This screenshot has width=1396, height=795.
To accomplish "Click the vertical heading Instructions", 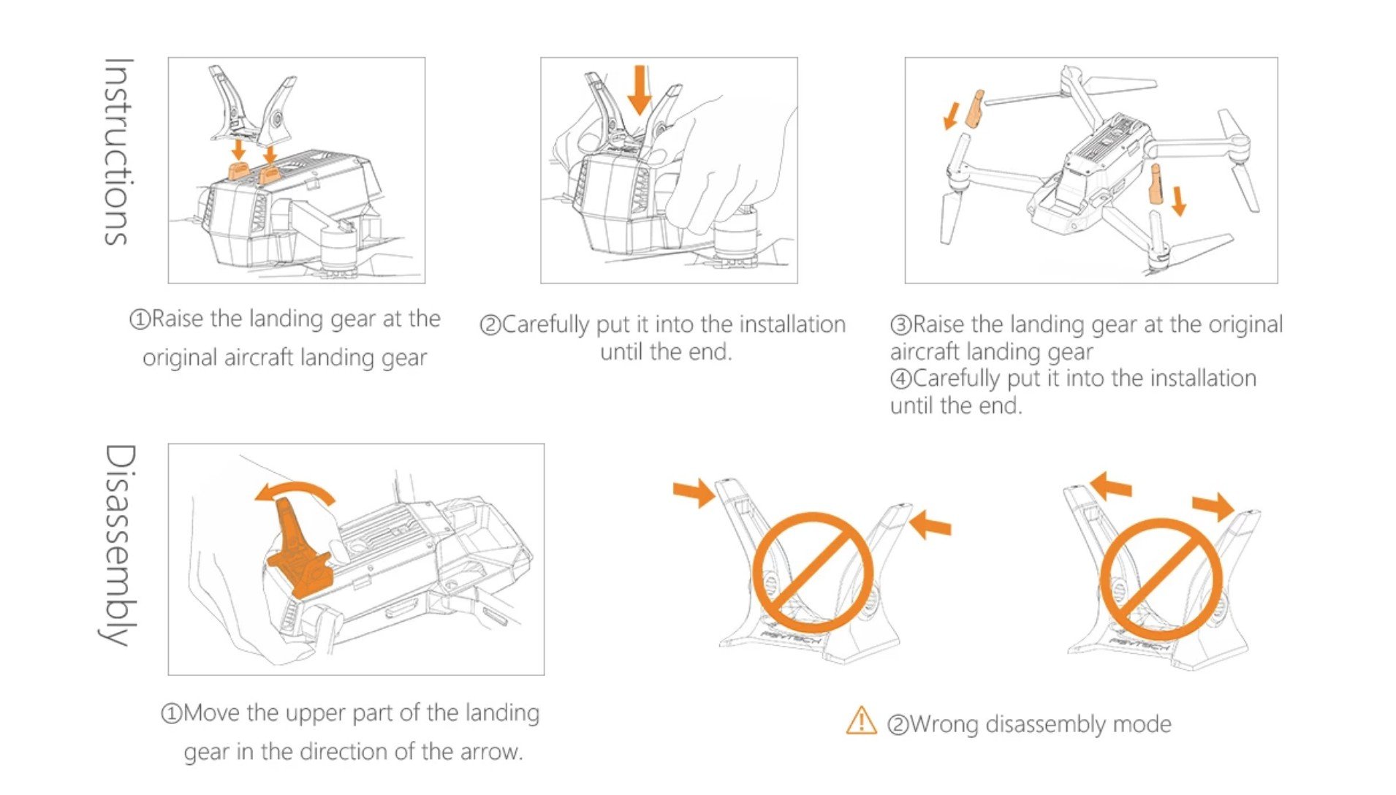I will click(117, 151).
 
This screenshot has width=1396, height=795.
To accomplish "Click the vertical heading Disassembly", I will click(117, 545).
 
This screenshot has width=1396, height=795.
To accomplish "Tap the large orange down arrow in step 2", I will click(640, 89).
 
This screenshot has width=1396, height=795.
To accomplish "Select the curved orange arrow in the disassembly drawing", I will click(295, 492).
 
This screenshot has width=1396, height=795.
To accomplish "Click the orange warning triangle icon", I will click(861, 720).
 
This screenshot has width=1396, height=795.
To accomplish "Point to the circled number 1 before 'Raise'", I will click(140, 319).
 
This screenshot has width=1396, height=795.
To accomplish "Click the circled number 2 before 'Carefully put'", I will click(490, 325).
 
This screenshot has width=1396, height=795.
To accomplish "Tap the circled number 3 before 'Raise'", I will click(901, 325).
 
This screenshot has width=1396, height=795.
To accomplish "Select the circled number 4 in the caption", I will click(901, 379).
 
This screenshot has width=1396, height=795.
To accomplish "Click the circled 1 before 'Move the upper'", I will click(171, 713).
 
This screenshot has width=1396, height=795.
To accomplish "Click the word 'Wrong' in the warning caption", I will click(945, 724).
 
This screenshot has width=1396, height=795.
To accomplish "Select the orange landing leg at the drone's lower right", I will click(1156, 184).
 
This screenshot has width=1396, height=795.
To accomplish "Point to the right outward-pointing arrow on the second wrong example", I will click(1213, 506).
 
